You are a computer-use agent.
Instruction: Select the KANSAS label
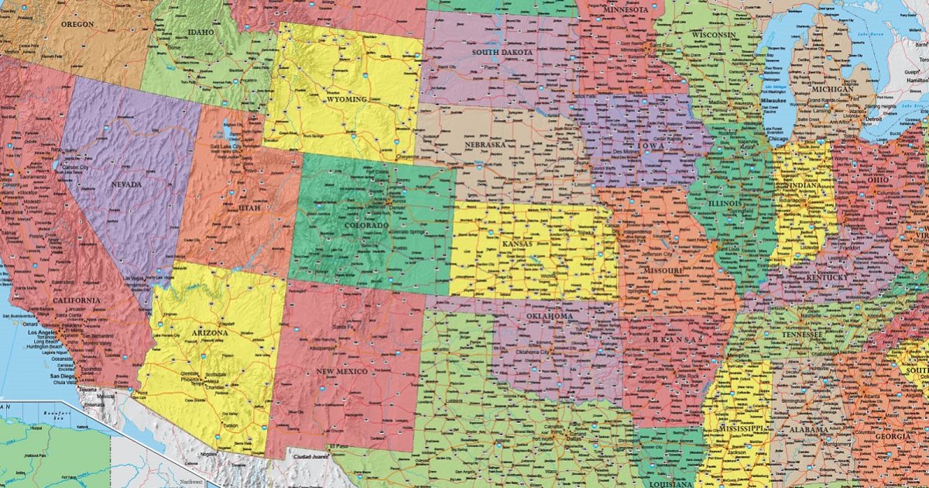(x=518, y=244)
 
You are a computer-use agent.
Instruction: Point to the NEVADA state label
(x=126, y=184)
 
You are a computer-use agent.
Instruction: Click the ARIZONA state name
(x=209, y=332)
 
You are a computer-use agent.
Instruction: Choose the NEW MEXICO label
(x=341, y=372)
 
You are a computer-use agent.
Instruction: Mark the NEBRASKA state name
(x=485, y=145)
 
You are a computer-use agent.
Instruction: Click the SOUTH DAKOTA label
(x=503, y=52)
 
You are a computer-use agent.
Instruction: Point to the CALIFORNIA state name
(x=77, y=300)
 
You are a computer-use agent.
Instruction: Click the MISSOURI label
(x=661, y=270)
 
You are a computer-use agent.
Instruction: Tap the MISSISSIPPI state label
(x=741, y=428)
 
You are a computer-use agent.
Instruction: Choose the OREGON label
(x=77, y=25)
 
